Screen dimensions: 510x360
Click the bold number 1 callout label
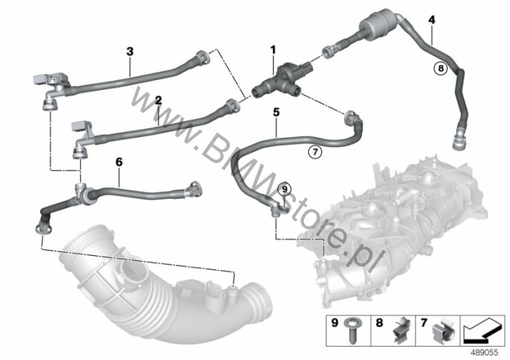[x=274, y=50]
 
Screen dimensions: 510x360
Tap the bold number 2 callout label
[x=158, y=100]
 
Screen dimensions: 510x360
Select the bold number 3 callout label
[x=130, y=51]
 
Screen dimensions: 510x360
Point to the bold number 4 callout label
[x=431, y=20]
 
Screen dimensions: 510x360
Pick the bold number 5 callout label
[x=276, y=112]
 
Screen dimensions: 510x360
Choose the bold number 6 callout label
[x=119, y=161]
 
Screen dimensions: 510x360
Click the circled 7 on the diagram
[x=315, y=152]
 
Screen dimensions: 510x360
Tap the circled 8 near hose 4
[x=441, y=68]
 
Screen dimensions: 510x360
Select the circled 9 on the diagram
[x=285, y=188]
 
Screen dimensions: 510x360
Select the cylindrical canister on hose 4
[x=378, y=22]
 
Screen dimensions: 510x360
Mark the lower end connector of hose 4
[x=459, y=140]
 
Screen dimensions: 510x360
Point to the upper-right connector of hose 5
[x=351, y=118]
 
